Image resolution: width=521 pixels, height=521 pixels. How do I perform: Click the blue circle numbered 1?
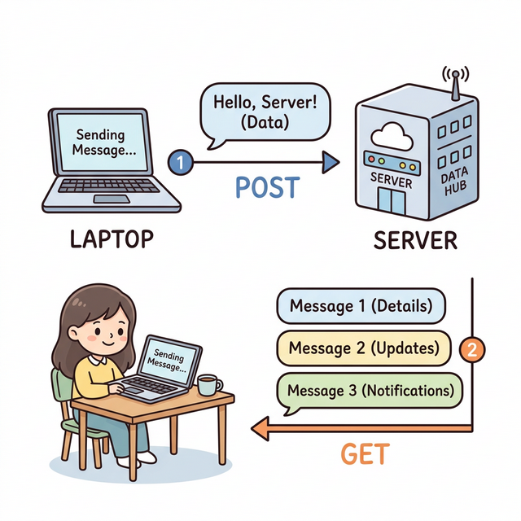182,161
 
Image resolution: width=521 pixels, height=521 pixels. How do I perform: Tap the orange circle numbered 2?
472,350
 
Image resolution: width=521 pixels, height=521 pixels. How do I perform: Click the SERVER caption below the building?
414,241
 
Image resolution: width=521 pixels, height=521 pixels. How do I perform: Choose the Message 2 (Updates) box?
364,348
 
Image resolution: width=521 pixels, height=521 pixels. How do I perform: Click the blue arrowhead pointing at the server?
331,162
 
